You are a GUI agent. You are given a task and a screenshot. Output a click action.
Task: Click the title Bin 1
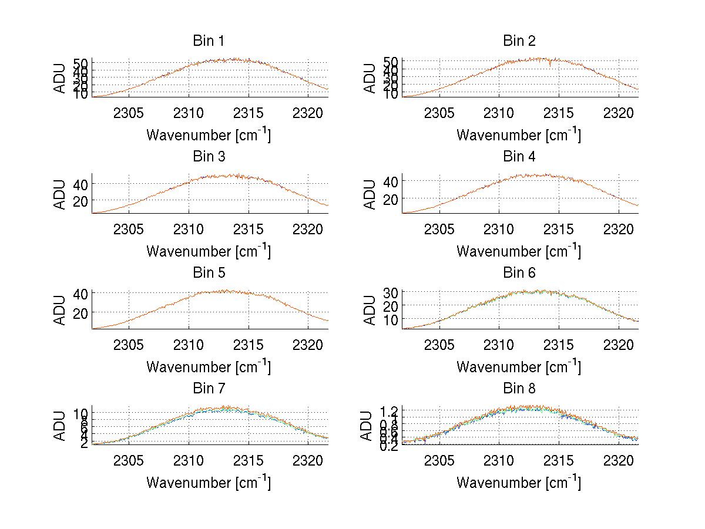tap(209, 41)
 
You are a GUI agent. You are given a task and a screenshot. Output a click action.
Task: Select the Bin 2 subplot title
tap(519, 41)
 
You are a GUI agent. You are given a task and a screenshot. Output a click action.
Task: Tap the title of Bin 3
tap(209, 157)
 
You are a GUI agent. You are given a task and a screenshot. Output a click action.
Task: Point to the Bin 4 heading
tap(519, 157)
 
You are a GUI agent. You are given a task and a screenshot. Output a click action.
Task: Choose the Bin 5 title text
tap(209, 273)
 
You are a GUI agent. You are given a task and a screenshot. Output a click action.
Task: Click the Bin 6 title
tap(519, 273)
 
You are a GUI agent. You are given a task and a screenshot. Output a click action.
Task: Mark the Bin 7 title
tap(209, 389)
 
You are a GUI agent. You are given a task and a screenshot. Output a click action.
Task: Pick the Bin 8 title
tap(519, 389)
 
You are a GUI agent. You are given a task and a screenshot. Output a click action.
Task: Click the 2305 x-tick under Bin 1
tap(129, 113)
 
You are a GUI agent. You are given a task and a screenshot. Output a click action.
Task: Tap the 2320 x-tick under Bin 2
tap(619, 113)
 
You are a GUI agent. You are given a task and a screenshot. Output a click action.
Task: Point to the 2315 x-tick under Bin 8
tap(559, 460)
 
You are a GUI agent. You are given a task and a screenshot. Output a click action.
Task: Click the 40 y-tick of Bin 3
tap(80, 184)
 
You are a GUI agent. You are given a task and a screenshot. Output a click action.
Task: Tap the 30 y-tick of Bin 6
tap(390, 292)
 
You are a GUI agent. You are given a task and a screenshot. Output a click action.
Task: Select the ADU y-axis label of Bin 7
tap(60, 426)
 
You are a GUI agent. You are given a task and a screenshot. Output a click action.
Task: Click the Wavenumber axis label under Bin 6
tap(519, 366)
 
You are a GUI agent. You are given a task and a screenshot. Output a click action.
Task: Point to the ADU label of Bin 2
tap(370, 78)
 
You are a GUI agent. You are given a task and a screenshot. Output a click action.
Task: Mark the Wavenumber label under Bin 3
tap(209, 251)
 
